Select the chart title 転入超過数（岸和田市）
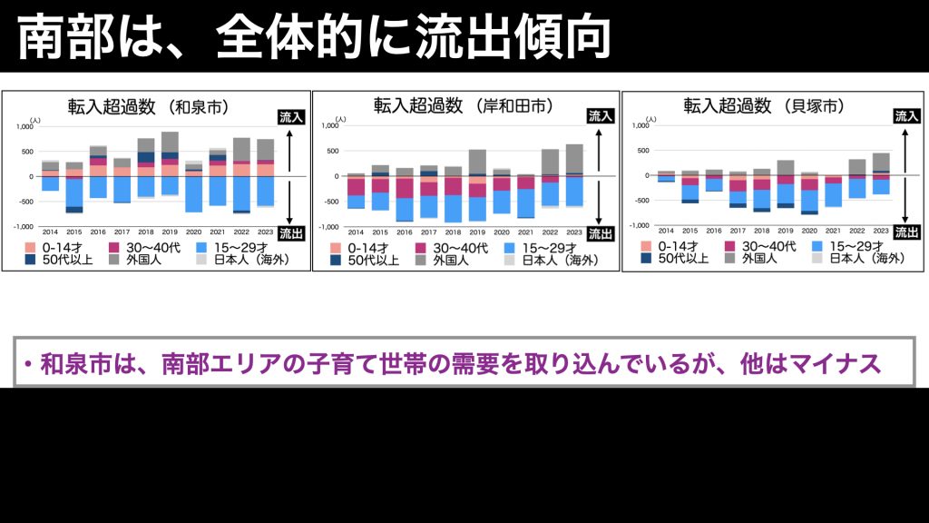[464, 105]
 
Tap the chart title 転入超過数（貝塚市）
[764, 105]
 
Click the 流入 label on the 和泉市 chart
[290, 116]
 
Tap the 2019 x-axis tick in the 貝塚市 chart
[786, 232]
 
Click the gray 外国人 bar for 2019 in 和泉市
[170, 142]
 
